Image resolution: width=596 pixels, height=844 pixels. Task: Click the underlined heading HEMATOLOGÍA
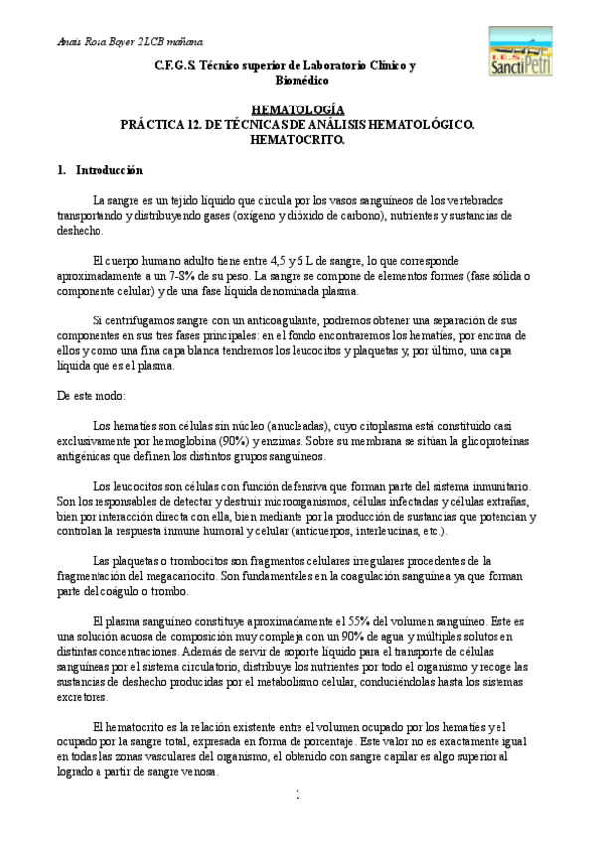(x=298, y=108)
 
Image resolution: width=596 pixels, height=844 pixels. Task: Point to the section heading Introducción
(x=108, y=170)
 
